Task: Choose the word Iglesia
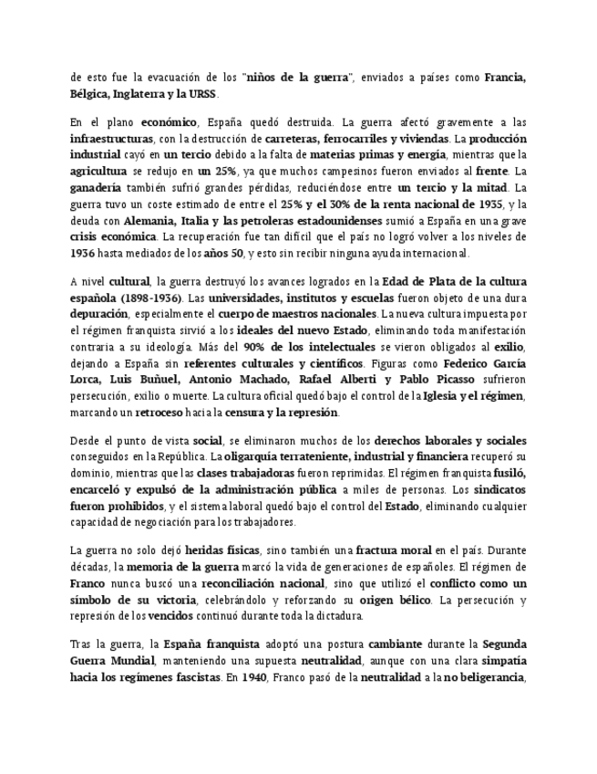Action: pos(439,396)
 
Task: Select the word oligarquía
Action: pos(254,455)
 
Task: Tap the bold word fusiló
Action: pos(510,472)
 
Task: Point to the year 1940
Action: pos(241,677)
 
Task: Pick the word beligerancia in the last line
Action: pos(491,677)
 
